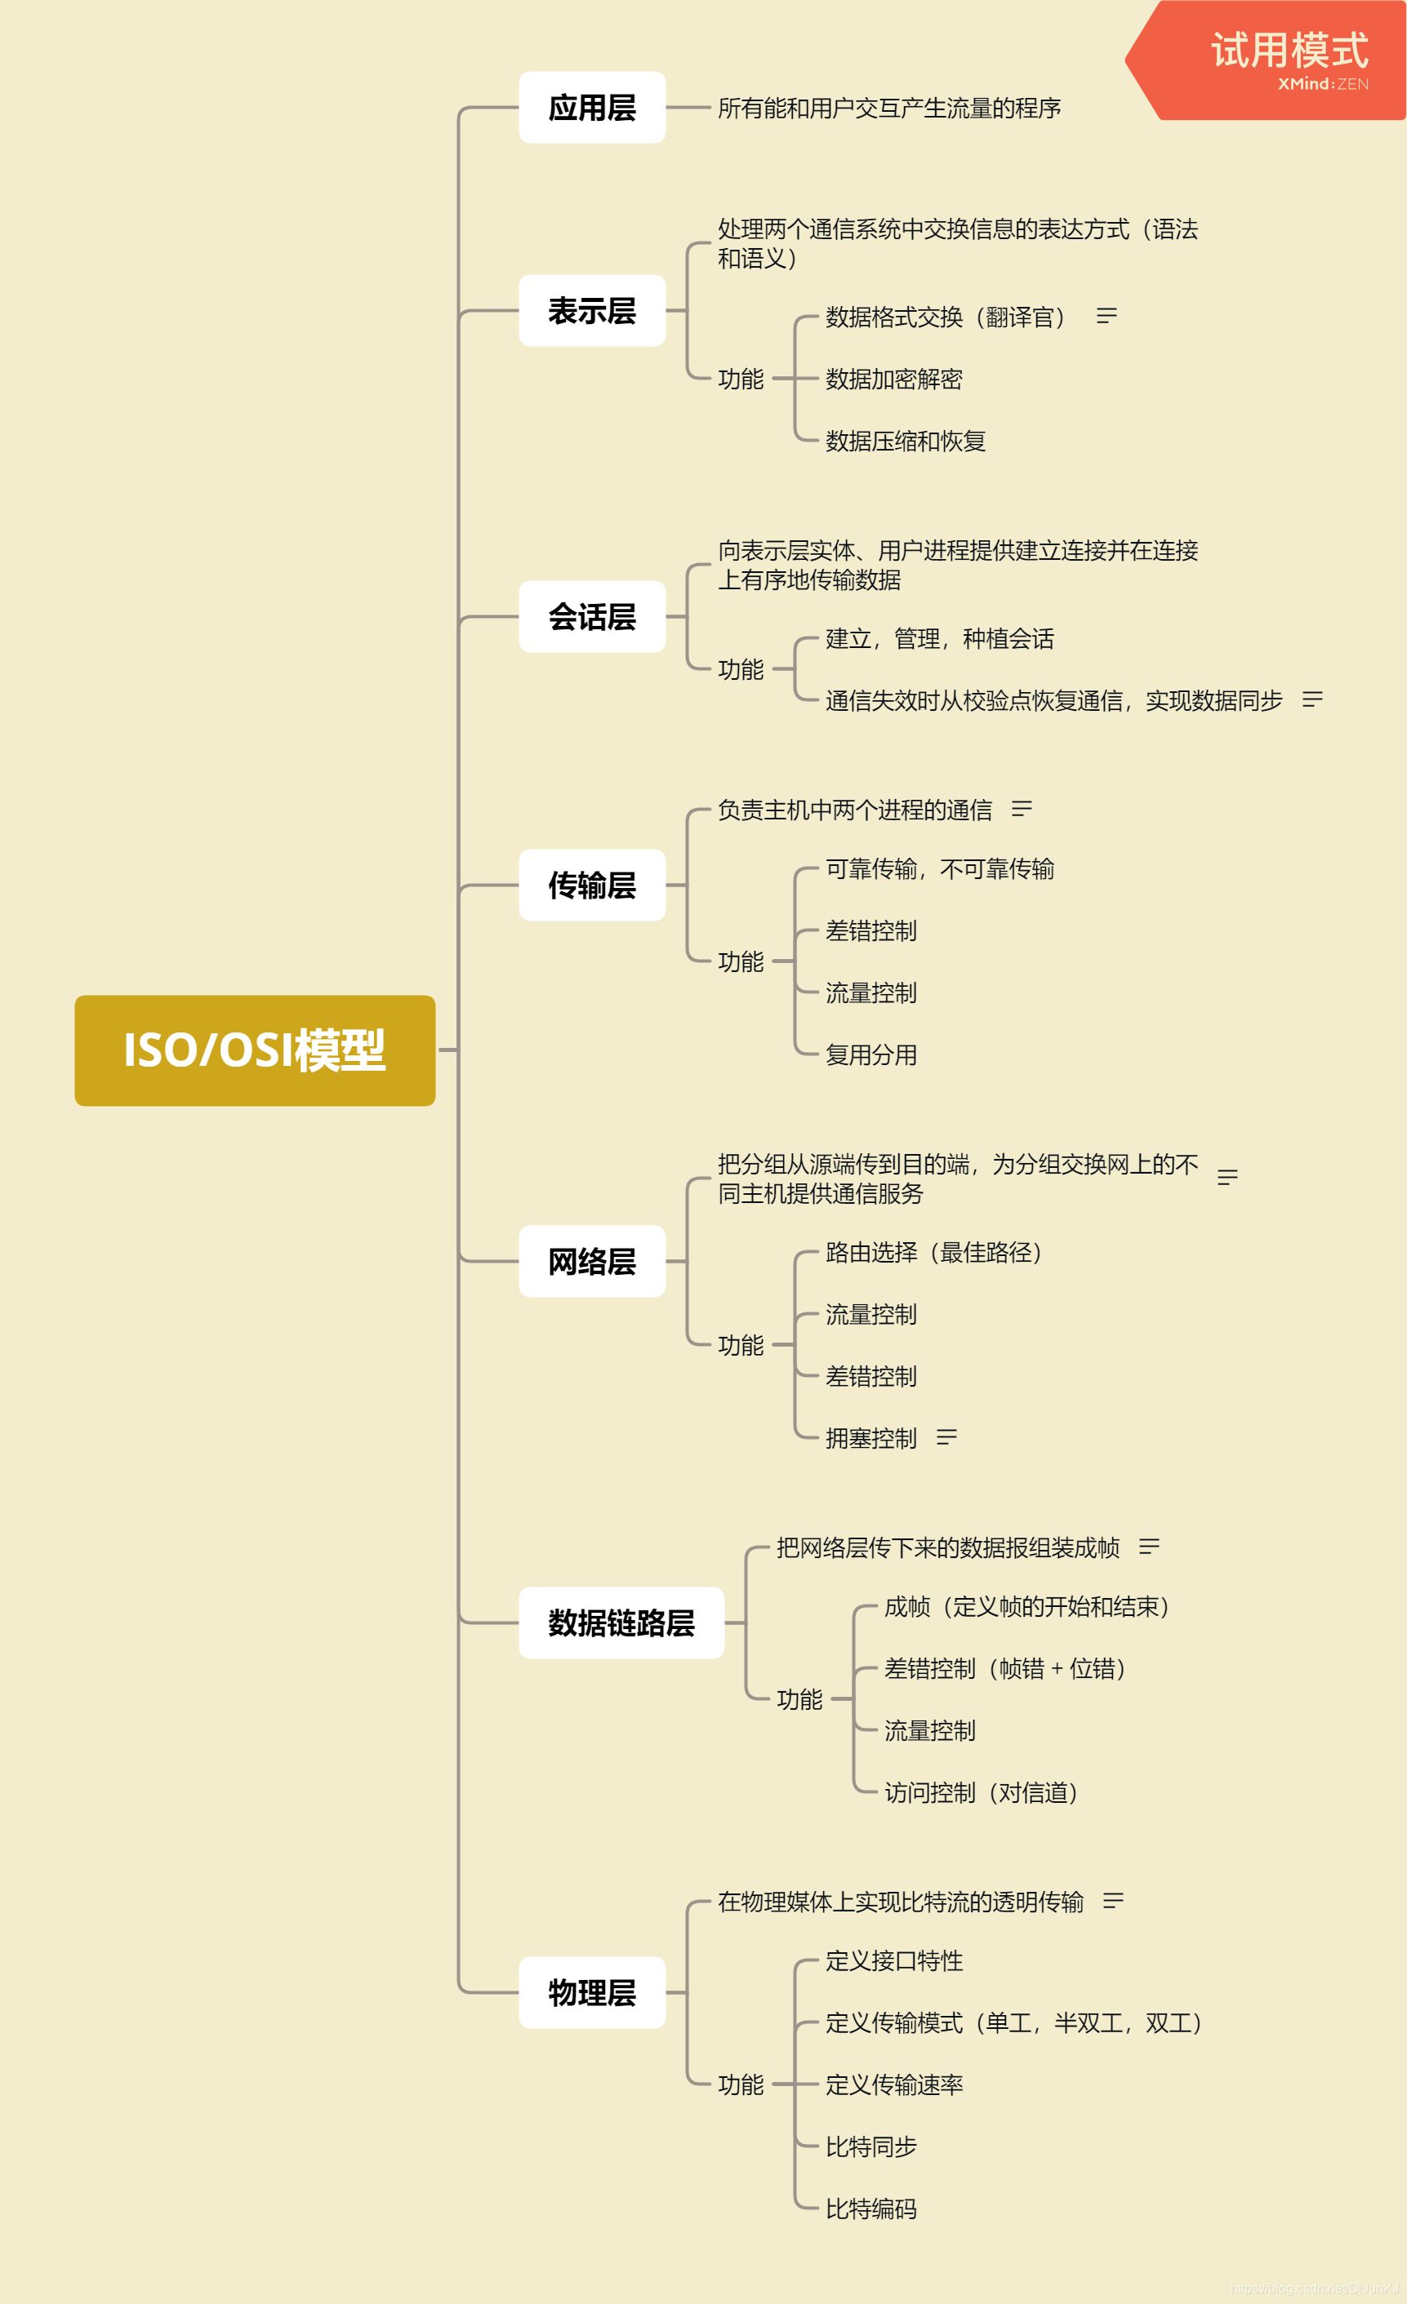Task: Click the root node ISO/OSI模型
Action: (x=255, y=1050)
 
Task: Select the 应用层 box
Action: (x=591, y=108)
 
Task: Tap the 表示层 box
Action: (x=591, y=310)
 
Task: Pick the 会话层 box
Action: (x=591, y=616)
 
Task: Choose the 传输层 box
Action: (x=591, y=885)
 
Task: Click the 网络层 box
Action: (x=591, y=1262)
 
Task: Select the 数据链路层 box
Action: (x=621, y=1623)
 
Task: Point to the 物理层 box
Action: (x=591, y=1992)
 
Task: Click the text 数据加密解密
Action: (x=893, y=379)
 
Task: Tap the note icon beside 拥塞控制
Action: (x=946, y=1437)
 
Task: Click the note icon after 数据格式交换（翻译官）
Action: (x=1106, y=316)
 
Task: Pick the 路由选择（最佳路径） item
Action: (x=933, y=1252)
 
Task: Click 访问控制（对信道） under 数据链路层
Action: (x=982, y=1792)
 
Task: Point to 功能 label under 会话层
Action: (x=741, y=669)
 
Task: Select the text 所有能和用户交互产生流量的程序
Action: (x=888, y=109)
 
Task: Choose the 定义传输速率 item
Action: (x=893, y=2084)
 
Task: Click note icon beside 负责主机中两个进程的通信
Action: (x=1022, y=809)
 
